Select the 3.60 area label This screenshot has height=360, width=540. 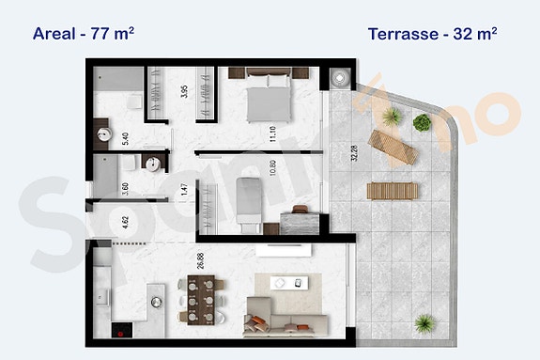point(125,184)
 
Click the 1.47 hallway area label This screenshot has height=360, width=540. point(185,189)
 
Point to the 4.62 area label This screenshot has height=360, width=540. point(125,224)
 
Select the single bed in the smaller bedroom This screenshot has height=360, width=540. point(247,202)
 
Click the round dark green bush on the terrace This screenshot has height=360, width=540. point(423,122)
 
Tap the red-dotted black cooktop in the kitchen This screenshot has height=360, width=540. point(120,331)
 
